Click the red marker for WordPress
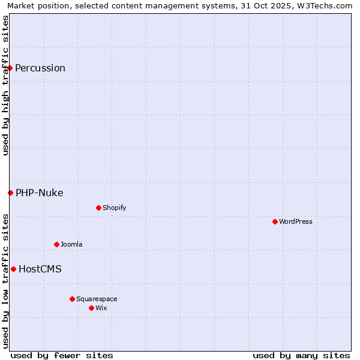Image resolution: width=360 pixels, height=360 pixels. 275,221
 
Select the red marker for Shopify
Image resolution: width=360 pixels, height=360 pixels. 98,208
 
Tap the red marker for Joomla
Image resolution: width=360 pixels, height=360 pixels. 56,244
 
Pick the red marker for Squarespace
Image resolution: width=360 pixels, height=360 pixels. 72,299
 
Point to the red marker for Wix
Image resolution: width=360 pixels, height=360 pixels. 91,308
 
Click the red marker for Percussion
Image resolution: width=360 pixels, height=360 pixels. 10,68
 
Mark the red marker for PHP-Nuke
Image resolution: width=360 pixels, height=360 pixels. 10,193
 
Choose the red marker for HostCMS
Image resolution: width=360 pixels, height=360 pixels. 13,269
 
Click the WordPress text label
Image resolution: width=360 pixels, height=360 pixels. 296,221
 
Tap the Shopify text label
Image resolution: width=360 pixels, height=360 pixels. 114,208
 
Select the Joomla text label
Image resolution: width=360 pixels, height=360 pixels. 71,244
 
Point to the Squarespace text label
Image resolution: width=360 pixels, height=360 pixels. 97,299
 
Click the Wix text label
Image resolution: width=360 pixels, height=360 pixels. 101,308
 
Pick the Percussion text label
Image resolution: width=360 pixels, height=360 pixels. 40,68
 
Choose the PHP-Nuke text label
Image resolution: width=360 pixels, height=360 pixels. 40,193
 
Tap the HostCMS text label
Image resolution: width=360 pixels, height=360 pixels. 40,269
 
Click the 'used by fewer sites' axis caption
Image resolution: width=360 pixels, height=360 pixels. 62,355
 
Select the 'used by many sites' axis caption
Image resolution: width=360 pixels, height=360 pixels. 301,355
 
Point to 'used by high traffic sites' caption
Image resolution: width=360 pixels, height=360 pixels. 5,85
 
